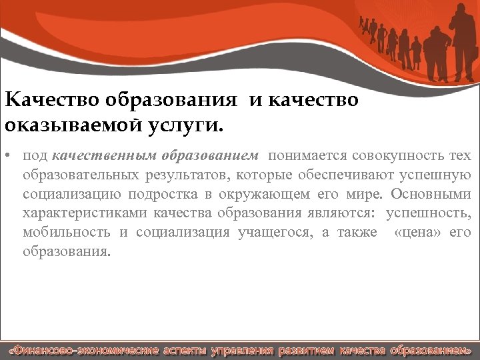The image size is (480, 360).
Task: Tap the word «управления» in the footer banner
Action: [x=241, y=350]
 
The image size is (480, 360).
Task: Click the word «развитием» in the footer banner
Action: [x=305, y=350]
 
